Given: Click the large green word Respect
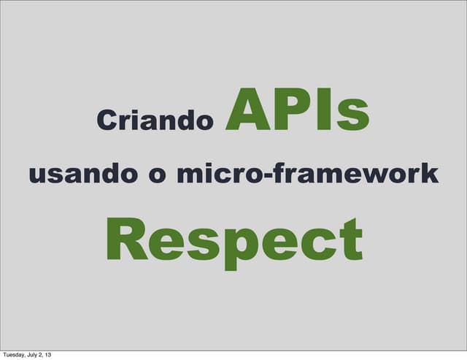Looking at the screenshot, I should pyautogui.click(x=234, y=239).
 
